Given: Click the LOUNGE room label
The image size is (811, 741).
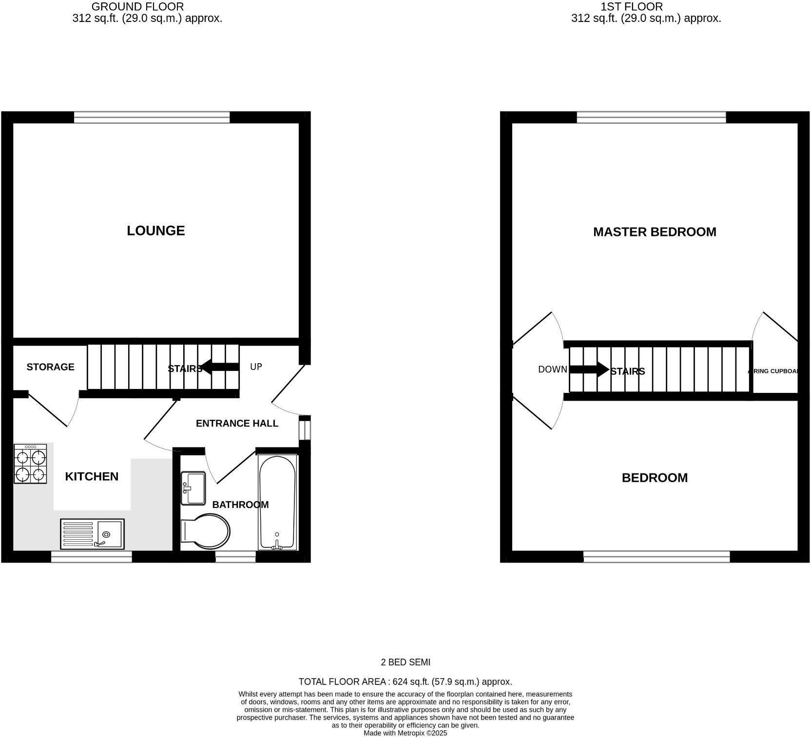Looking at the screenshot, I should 155,231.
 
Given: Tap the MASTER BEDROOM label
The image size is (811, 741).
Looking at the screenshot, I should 654,232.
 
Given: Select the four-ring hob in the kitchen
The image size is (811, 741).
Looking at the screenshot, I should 30,464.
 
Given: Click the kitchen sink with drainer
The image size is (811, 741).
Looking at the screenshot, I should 92,533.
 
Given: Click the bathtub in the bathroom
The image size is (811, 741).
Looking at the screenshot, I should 277,502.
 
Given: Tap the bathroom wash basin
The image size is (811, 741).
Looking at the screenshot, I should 193,488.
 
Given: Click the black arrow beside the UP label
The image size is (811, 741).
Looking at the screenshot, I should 220,367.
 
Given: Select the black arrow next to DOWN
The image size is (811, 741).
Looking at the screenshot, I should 589,369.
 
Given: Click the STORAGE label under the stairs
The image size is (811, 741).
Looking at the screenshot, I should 50,367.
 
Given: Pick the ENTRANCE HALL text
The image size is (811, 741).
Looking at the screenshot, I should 237,424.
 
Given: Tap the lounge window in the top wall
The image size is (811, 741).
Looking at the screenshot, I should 152,117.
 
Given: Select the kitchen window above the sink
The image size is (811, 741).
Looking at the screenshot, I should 92,557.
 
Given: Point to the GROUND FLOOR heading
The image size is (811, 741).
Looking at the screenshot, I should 137,7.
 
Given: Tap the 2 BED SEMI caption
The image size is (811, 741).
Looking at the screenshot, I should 405,662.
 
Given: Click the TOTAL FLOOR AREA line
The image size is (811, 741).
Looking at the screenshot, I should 405,682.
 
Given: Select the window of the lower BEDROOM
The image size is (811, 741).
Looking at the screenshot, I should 657,557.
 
